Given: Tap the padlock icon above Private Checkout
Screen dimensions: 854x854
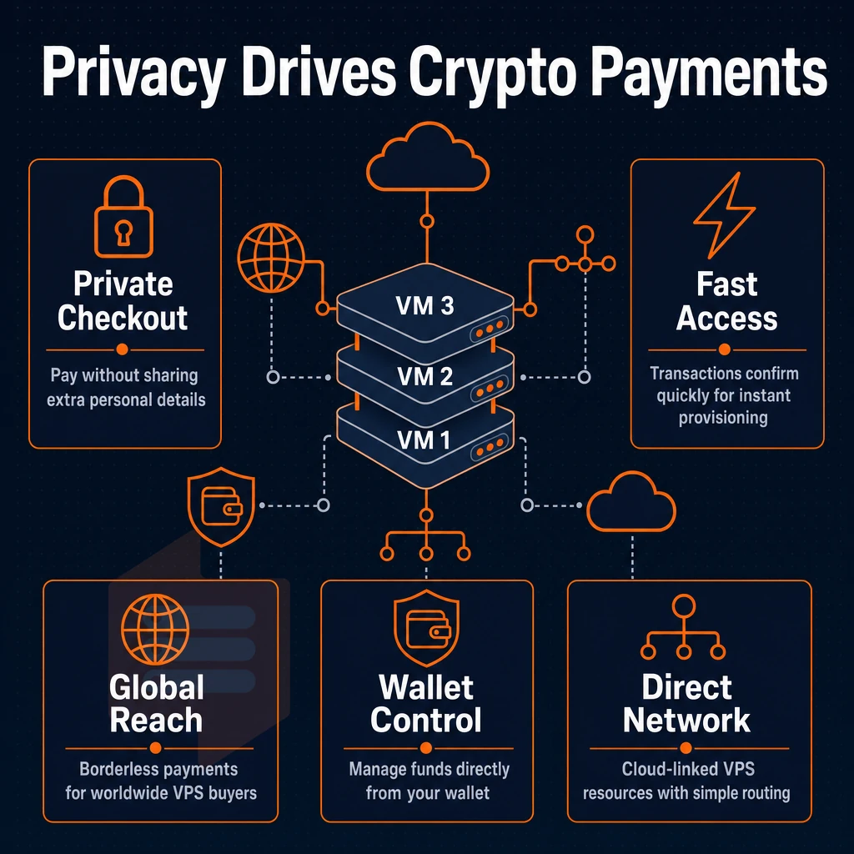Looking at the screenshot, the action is [123, 216].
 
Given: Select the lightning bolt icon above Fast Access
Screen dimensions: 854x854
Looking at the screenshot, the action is [724, 215].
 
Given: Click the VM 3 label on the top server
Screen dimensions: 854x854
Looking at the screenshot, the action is [424, 305].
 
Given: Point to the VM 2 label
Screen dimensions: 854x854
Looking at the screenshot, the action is [424, 376].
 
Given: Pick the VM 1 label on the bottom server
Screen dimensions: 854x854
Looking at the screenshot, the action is [424, 440].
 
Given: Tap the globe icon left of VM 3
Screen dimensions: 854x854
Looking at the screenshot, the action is [271, 258].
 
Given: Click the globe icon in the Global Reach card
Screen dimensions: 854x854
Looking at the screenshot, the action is [155, 629].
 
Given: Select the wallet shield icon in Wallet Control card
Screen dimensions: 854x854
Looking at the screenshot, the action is [426, 629].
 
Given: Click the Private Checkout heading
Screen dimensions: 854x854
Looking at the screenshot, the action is [123, 300].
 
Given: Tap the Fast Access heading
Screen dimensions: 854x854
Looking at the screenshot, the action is [726, 300].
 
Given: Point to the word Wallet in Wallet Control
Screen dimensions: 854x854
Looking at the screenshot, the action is [426, 687].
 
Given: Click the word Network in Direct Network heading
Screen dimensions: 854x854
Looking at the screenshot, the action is [686, 721].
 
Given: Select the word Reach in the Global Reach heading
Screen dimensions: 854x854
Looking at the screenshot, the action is [156, 721].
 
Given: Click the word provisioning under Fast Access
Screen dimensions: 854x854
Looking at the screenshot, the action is [723, 418].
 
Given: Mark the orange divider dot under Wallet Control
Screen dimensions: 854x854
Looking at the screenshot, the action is [426, 748].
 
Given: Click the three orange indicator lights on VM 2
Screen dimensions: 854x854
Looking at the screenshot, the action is [490, 389].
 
